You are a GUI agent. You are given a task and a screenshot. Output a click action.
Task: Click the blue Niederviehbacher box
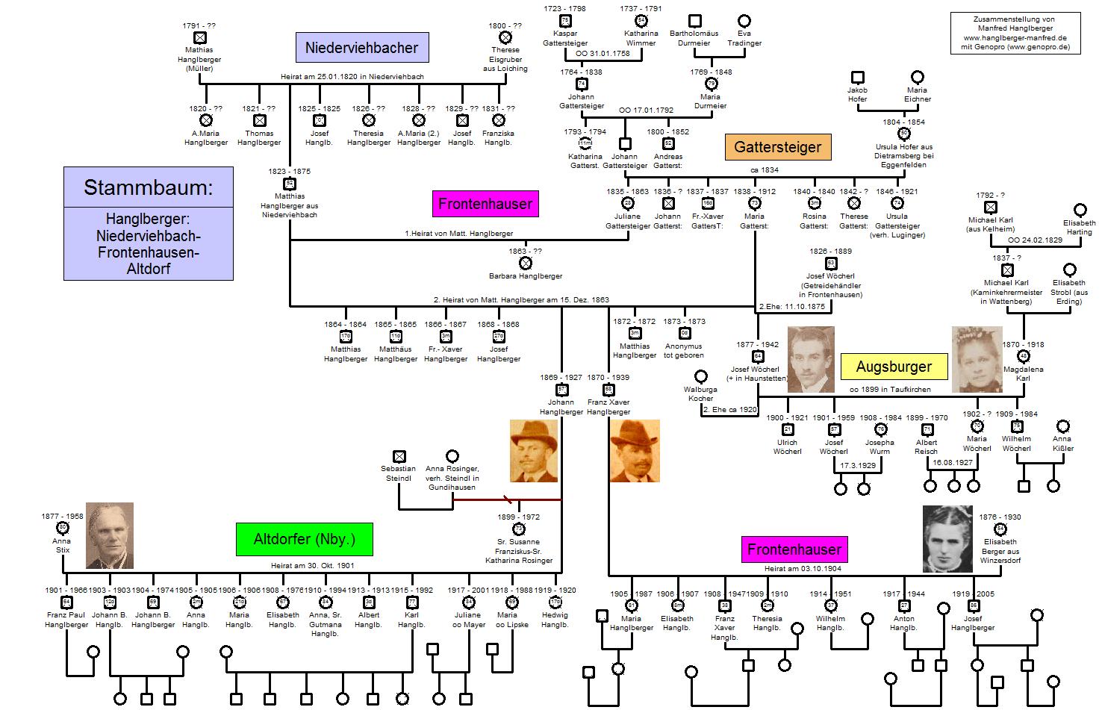[x=361, y=48]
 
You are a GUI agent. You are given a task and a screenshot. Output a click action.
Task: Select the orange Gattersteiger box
[x=777, y=147]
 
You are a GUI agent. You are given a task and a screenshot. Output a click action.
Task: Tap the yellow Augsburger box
[x=894, y=367]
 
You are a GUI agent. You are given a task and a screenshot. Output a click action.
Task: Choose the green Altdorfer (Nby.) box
[x=304, y=539]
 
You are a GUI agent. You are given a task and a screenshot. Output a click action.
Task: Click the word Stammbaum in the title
[x=148, y=187]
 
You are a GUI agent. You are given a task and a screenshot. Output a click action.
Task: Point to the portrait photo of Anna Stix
[x=110, y=535]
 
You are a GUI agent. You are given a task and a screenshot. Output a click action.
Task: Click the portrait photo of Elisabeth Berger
[x=947, y=538]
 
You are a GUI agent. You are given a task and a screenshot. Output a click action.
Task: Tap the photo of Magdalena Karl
[x=977, y=359]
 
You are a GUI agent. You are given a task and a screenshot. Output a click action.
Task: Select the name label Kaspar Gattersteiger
[x=564, y=38]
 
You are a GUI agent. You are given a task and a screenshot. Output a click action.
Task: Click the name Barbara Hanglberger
[x=526, y=276]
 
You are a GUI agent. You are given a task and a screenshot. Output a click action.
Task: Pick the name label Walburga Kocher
[x=700, y=393]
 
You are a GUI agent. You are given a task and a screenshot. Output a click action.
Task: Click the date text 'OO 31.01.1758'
[x=603, y=54]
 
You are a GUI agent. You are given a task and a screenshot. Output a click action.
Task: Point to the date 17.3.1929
[x=858, y=465]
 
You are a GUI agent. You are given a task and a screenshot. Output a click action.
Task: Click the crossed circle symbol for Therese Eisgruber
[x=505, y=37]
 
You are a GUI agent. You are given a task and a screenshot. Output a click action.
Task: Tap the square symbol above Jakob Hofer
[x=857, y=77]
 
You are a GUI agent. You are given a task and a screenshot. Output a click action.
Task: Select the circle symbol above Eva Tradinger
[x=744, y=21]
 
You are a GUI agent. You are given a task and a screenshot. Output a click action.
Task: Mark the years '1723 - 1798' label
[x=564, y=9]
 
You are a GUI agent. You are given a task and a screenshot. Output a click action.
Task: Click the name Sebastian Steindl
[x=399, y=473]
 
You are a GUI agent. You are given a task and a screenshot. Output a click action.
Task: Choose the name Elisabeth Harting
[x=1080, y=227]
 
